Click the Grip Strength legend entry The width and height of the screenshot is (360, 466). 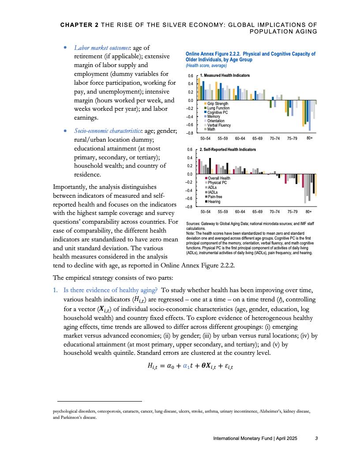click(217, 104)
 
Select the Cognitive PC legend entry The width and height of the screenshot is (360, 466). click(217, 112)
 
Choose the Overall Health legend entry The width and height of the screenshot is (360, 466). click(219, 178)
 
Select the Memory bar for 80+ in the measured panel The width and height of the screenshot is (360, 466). click(310, 115)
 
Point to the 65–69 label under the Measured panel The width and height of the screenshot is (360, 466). click(258, 138)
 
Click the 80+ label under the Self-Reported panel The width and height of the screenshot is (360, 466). click(309, 212)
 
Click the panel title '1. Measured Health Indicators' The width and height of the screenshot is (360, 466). click(225, 75)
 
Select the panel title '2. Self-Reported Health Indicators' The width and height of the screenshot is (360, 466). click(228, 150)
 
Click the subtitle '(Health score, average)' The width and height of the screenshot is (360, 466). click(206, 66)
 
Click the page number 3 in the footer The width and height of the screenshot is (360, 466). click(316, 439)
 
